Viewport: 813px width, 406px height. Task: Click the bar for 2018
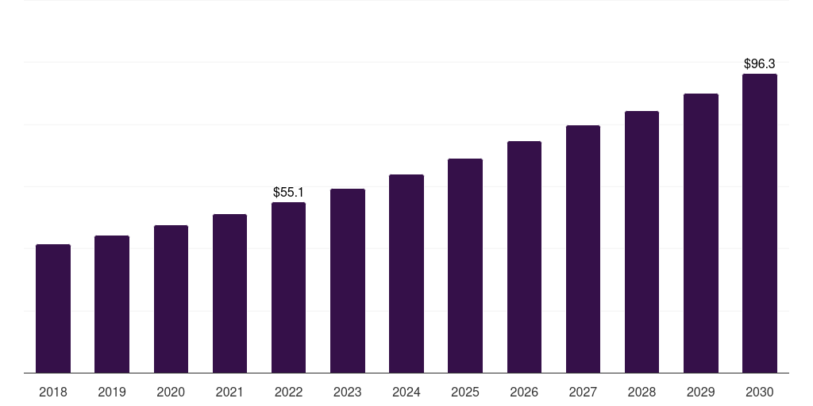53,308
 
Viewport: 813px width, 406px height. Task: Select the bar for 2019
112,304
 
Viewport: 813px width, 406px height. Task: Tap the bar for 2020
171,299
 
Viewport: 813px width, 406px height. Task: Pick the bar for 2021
229,293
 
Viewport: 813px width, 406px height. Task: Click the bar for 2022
288,288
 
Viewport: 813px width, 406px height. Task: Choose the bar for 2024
406,274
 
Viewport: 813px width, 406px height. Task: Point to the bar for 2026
524,257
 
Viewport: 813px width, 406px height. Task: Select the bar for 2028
642,242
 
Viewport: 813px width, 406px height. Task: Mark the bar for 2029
701,233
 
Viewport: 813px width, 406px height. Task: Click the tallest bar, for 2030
760,224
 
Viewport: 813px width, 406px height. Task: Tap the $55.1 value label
288,192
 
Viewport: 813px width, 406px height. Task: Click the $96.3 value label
760,63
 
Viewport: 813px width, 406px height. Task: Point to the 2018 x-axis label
53,392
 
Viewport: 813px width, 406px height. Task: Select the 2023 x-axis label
347,392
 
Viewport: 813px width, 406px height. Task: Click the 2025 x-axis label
465,392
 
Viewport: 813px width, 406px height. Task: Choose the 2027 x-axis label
583,392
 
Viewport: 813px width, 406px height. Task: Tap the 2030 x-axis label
760,392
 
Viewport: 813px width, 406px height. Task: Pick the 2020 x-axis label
171,392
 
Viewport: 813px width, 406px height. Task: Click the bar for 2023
347,281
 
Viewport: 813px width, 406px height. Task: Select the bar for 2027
583,249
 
